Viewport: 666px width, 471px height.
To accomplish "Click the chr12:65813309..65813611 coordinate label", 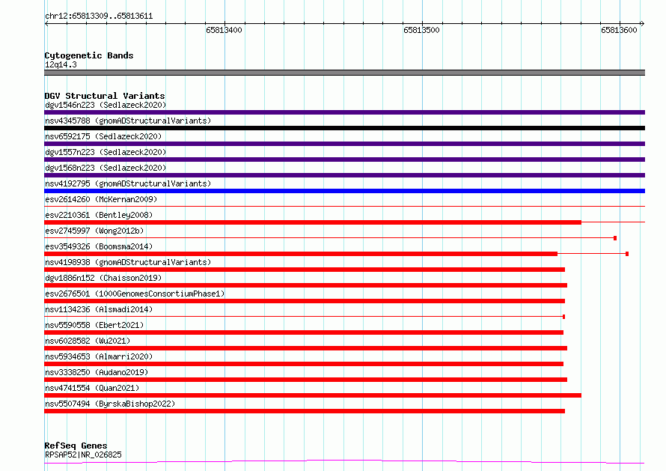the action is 99,16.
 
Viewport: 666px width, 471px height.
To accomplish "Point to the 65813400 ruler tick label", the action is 224,30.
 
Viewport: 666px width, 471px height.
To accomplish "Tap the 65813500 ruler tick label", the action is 421,30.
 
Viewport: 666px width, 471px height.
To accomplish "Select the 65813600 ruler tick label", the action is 619,30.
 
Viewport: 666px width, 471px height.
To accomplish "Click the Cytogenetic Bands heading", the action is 89,55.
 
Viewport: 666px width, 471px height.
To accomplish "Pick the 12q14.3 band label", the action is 61,64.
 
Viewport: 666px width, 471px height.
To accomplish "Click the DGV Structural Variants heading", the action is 105,96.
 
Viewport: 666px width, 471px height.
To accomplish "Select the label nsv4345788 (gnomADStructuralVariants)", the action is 128,121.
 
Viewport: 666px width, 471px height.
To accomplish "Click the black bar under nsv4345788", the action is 344,128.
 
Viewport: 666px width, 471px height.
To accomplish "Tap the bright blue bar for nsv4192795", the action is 344,191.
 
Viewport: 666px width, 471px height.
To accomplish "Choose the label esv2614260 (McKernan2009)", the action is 101,199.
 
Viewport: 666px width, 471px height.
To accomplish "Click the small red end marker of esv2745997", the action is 615,238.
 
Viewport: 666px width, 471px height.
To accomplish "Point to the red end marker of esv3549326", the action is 627,254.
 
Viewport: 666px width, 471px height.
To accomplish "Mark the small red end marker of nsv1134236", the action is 563,317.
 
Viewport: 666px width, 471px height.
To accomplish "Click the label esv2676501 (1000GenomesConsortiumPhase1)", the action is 135,294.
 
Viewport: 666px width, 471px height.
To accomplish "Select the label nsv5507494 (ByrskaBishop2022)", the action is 110,404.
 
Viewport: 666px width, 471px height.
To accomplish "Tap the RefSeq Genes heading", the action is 76,446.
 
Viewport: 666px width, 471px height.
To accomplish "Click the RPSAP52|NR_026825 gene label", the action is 83,455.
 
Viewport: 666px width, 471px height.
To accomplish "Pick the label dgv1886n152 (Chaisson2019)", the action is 103,278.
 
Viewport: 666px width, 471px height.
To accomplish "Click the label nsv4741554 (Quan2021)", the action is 92,388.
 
